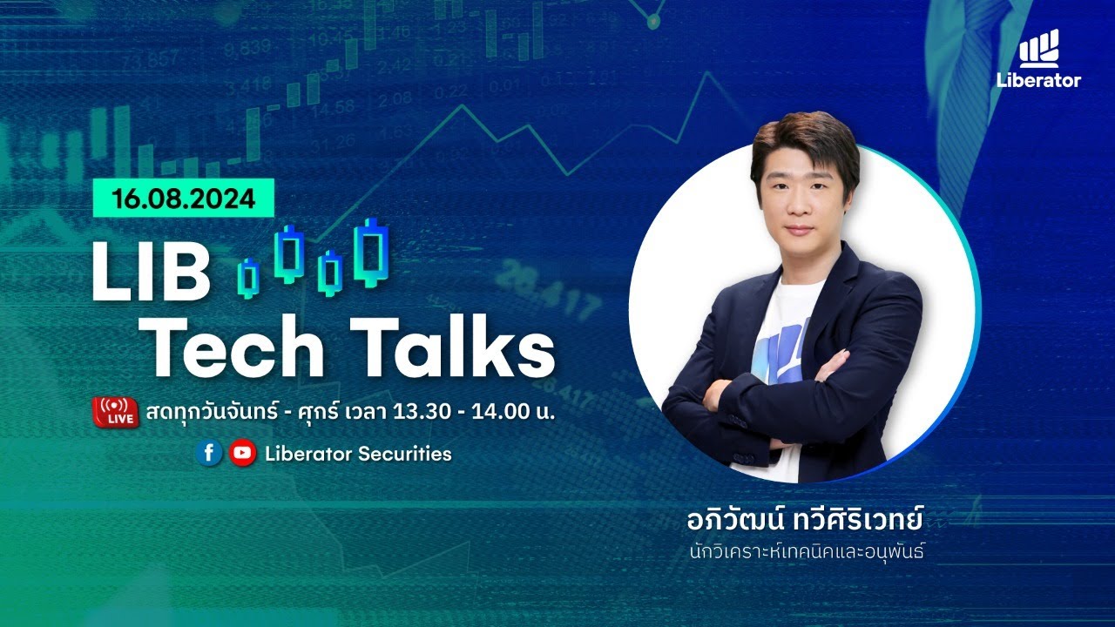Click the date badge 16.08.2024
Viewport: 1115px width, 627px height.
click(184, 199)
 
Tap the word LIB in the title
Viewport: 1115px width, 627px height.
click(152, 272)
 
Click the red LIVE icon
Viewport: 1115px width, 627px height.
click(115, 411)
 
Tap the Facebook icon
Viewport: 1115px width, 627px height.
click(208, 453)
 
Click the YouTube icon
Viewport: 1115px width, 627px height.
click(243, 453)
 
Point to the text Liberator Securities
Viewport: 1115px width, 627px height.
click(358, 454)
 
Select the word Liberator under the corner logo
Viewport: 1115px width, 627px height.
click(1038, 81)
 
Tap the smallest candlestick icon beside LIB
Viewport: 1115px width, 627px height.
click(249, 277)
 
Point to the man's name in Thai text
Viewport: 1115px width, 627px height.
click(803, 524)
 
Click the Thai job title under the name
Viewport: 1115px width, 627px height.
click(803, 552)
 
